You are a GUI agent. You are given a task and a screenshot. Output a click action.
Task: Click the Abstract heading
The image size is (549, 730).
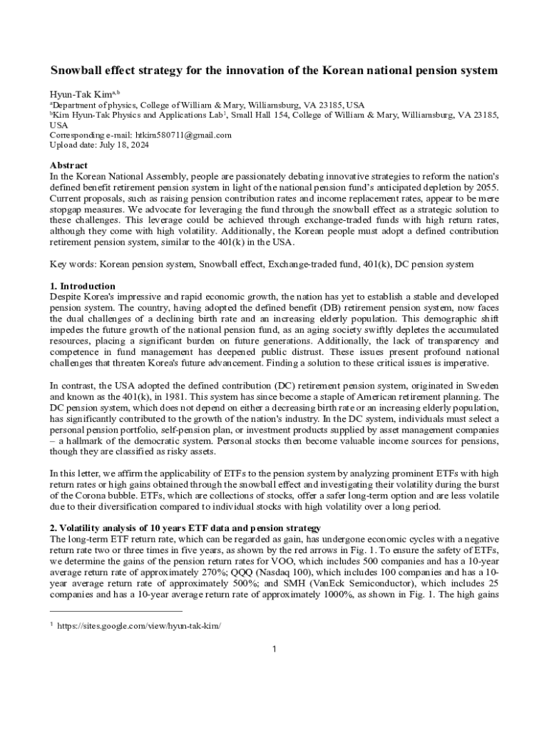69,165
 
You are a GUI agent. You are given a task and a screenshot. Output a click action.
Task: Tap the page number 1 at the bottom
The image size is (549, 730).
274,649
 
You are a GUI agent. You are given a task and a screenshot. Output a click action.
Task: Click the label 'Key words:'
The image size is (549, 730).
73,264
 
